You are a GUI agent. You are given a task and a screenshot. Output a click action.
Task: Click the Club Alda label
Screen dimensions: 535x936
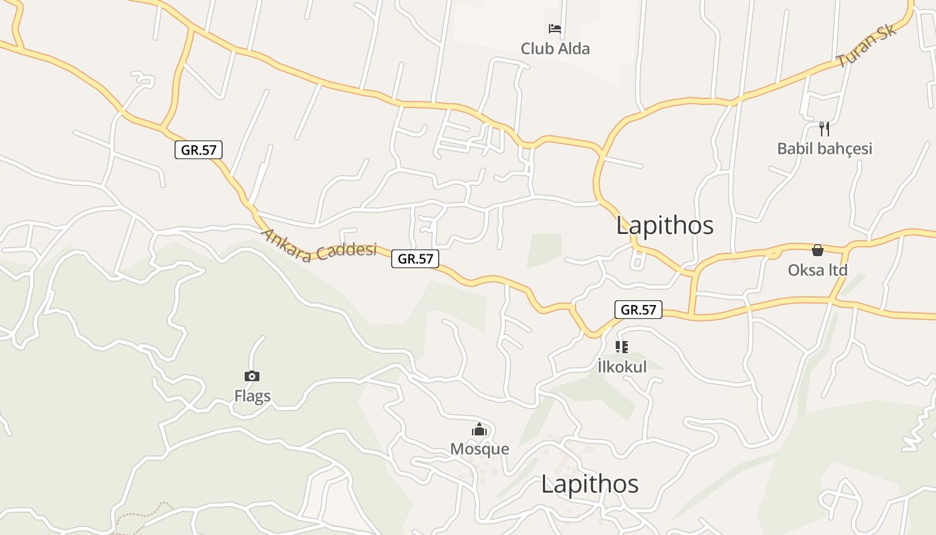coord(555,49)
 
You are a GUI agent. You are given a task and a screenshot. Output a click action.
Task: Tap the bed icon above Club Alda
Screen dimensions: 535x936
coord(555,29)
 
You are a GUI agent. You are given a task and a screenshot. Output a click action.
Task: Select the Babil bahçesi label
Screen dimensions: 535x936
coord(824,148)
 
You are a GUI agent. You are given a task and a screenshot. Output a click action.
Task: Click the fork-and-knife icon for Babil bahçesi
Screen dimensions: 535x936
coord(824,128)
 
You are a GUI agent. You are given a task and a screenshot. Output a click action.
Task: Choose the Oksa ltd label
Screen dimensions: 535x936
coord(817,270)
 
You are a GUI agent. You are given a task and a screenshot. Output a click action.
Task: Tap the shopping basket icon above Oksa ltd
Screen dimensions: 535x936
coord(817,250)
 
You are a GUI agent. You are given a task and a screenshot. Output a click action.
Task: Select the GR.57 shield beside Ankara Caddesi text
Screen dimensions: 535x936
coord(415,259)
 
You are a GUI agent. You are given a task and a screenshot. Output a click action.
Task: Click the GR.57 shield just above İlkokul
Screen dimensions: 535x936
coord(638,310)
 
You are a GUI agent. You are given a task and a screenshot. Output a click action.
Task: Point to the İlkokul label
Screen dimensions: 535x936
coord(622,366)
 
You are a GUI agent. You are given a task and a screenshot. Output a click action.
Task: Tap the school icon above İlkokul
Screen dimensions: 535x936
coord(622,346)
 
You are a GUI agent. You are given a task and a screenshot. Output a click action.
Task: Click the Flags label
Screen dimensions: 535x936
coord(253,396)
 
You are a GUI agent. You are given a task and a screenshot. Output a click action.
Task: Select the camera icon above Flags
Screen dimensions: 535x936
coord(252,376)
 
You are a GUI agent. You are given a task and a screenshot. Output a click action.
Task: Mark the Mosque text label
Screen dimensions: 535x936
coord(479,449)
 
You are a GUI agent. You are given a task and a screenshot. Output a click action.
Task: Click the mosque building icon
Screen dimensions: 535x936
coord(479,429)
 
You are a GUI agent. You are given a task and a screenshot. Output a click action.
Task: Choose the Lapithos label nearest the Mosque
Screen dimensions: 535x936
coord(590,484)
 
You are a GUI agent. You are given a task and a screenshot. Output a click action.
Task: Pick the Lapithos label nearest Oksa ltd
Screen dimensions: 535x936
coord(665,225)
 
